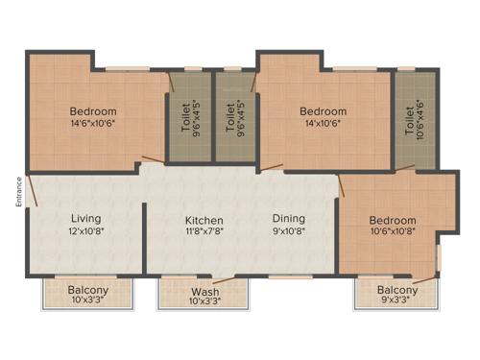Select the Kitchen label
[x=204, y=220]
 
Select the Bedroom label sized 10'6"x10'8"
[x=395, y=220]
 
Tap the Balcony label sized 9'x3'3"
[x=396, y=291]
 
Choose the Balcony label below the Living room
[x=88, y=291]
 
